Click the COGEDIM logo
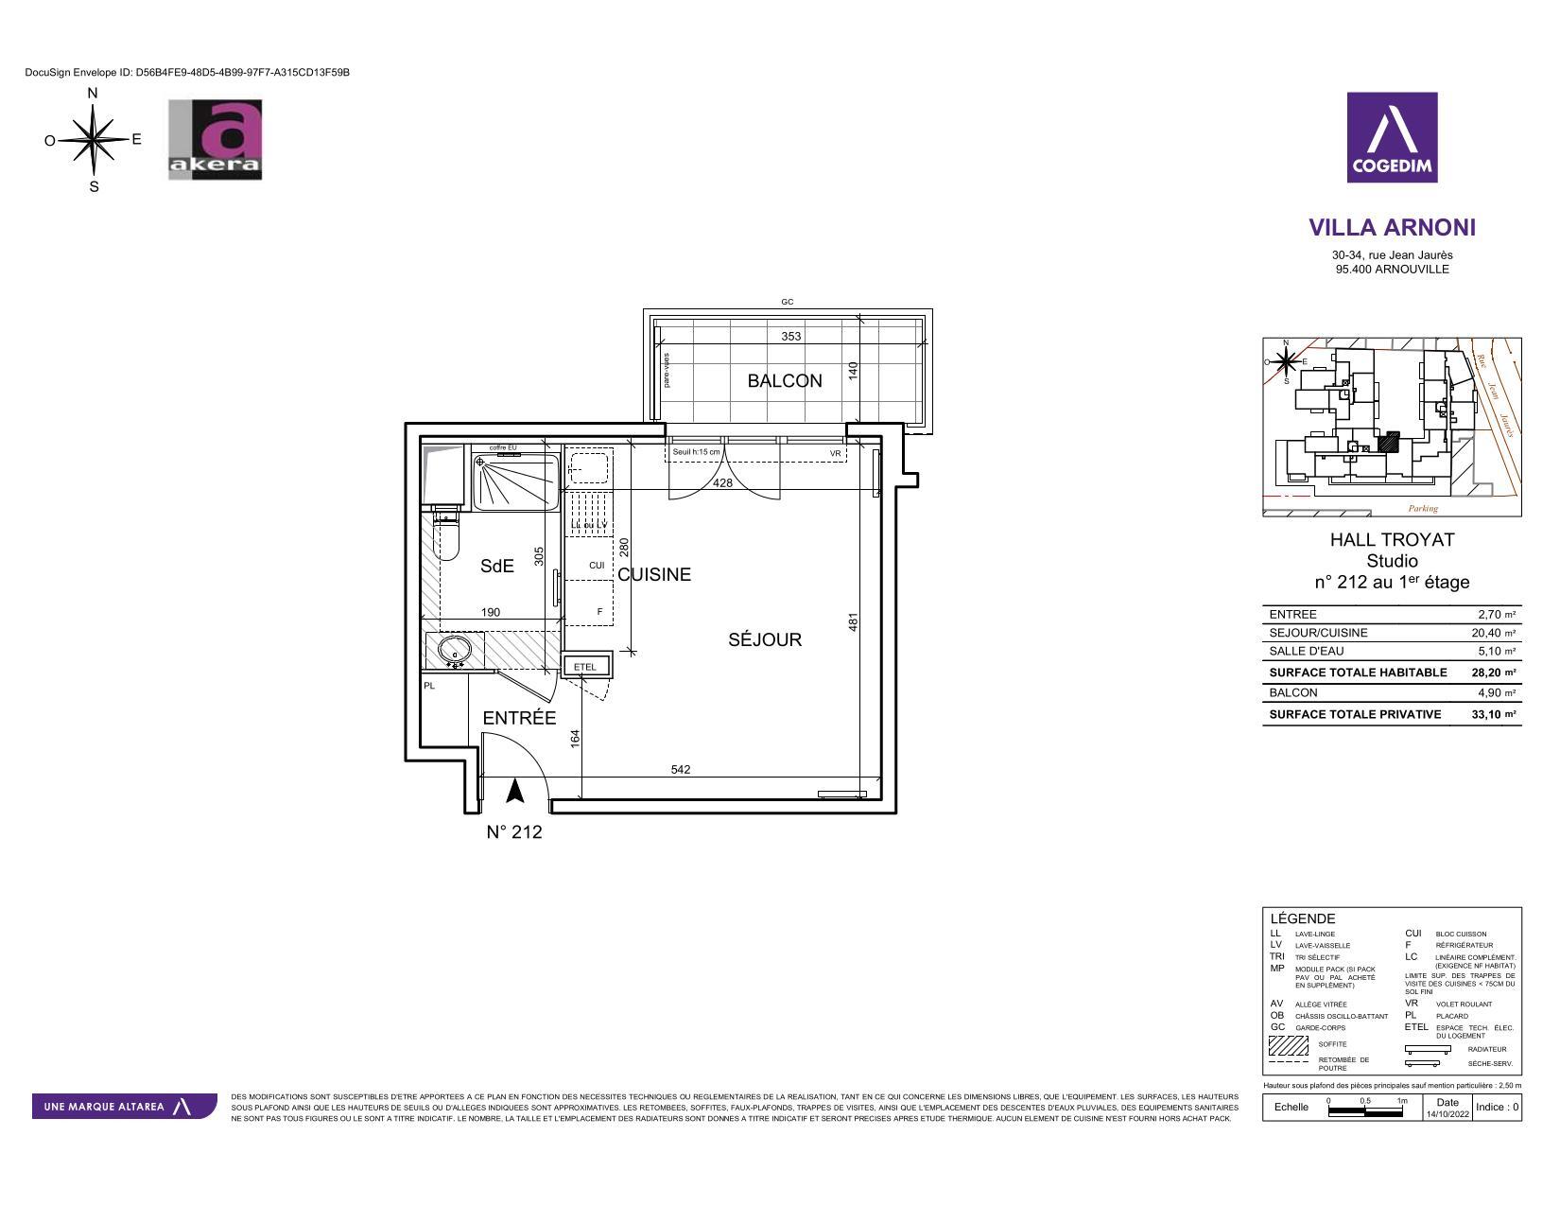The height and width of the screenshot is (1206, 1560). pyautogui.click(x=1392, y=137)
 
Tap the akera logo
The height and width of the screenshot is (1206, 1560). pyautogui.click(x=215, y=140)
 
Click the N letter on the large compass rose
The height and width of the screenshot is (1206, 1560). pyautogui.click(x=93, y=94)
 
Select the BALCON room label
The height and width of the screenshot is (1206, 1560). pyautogui.click(x=784, y=381)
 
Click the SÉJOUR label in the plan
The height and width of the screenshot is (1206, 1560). pyautogui.click(x=764, y=640)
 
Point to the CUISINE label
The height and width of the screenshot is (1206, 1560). pyautogui.click(x=654, y=575)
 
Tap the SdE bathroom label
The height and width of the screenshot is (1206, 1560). pyautogui.click(x=496, y=567)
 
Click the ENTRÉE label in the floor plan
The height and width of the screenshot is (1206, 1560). pyautogui.click(x=519, y=719)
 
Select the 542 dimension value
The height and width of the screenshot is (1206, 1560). pyautogui.click(x=681, y=769)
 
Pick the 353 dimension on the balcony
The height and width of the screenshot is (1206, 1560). pyautogui.click(x=790, y=336)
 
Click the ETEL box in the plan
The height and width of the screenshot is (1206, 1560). pyautogui.click(x=586, y=667)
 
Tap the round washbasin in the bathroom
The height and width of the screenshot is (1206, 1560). pyautogui.click(x=455, y=650)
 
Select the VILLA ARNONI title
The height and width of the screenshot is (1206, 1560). pyautogui.click(x=1392, y=228)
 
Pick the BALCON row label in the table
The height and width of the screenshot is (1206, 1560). pyautogui.click(x=1292, y=692)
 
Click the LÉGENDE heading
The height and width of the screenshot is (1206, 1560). pyautogui.click(x=1302, y=918)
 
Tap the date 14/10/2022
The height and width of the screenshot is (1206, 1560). pyautogui.click(x=1447, y=1113)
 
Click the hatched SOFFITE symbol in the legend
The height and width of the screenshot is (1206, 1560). pyautogui.click(x=1287, y=1045)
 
